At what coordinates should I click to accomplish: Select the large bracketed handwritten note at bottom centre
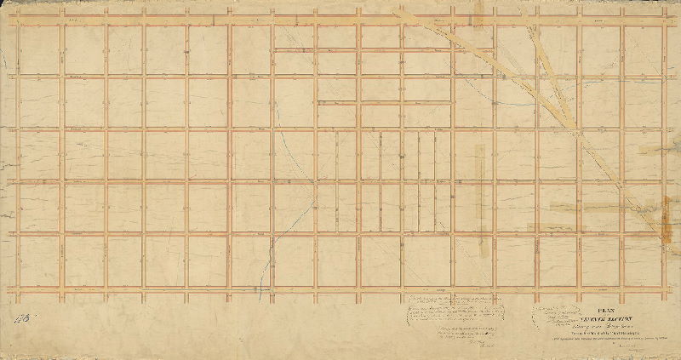pyautogui.click(x=460, y=311)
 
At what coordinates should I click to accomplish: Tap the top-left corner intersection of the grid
pyautogui.click(x=18, y=23)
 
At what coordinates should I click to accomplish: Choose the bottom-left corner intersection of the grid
pyautogui.click(x=18, y=288)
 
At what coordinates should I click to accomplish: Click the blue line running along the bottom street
pyautogui.click(x=204, y=290)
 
